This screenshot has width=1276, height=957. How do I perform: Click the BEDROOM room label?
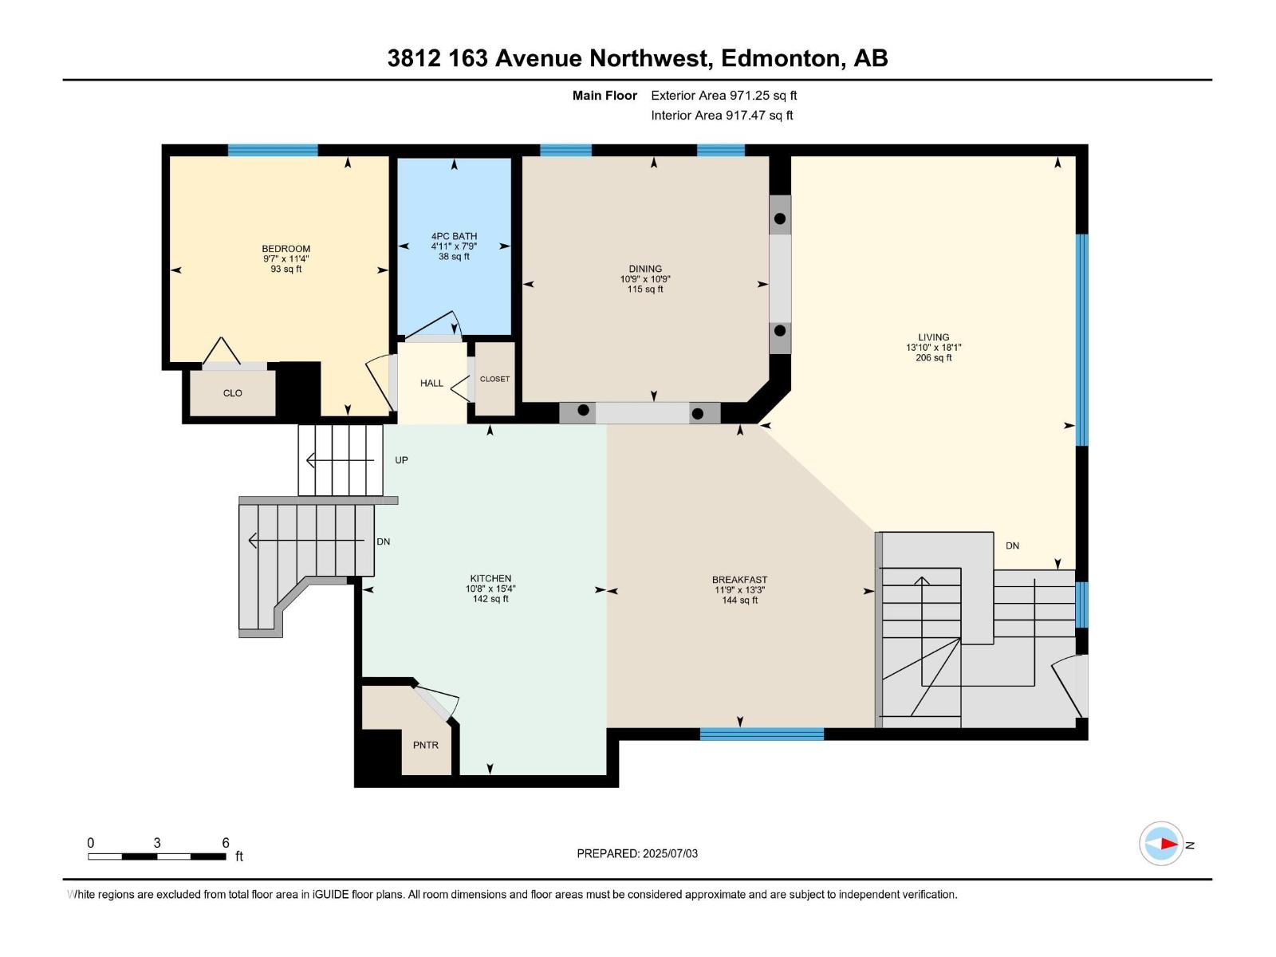[x=286, y=249]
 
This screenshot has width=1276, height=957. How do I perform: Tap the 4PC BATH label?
[x=454, y=236]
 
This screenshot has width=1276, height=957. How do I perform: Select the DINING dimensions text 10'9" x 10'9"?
[x=644, y=279]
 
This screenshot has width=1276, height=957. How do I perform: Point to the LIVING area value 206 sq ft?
[x=933, y=358]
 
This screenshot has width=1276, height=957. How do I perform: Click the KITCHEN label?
[x=490, y=578]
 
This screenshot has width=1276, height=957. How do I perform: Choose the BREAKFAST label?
[x=739, y=580]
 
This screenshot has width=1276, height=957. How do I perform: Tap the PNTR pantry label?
[x=425, y=745]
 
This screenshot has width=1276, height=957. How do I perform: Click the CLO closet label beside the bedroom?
[x=232, y=393]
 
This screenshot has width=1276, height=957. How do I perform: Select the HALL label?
[x=431, y=384]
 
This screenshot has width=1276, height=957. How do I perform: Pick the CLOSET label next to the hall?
[x=494, y=379]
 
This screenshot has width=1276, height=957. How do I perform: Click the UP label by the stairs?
[x=401, y=460]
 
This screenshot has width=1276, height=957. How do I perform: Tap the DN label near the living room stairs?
[x=1012, y=546]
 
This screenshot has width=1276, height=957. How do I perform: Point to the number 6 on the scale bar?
[x=226, y=843]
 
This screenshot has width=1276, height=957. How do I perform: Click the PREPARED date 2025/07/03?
[x=670, y=853]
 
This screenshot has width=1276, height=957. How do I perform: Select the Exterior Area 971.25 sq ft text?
[x=723, y=96]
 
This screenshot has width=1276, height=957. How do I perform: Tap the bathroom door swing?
[x=435, y=327]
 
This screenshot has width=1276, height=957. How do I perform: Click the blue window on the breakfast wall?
[x=762, y=734]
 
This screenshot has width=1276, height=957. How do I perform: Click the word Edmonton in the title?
[x=781, y=58]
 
